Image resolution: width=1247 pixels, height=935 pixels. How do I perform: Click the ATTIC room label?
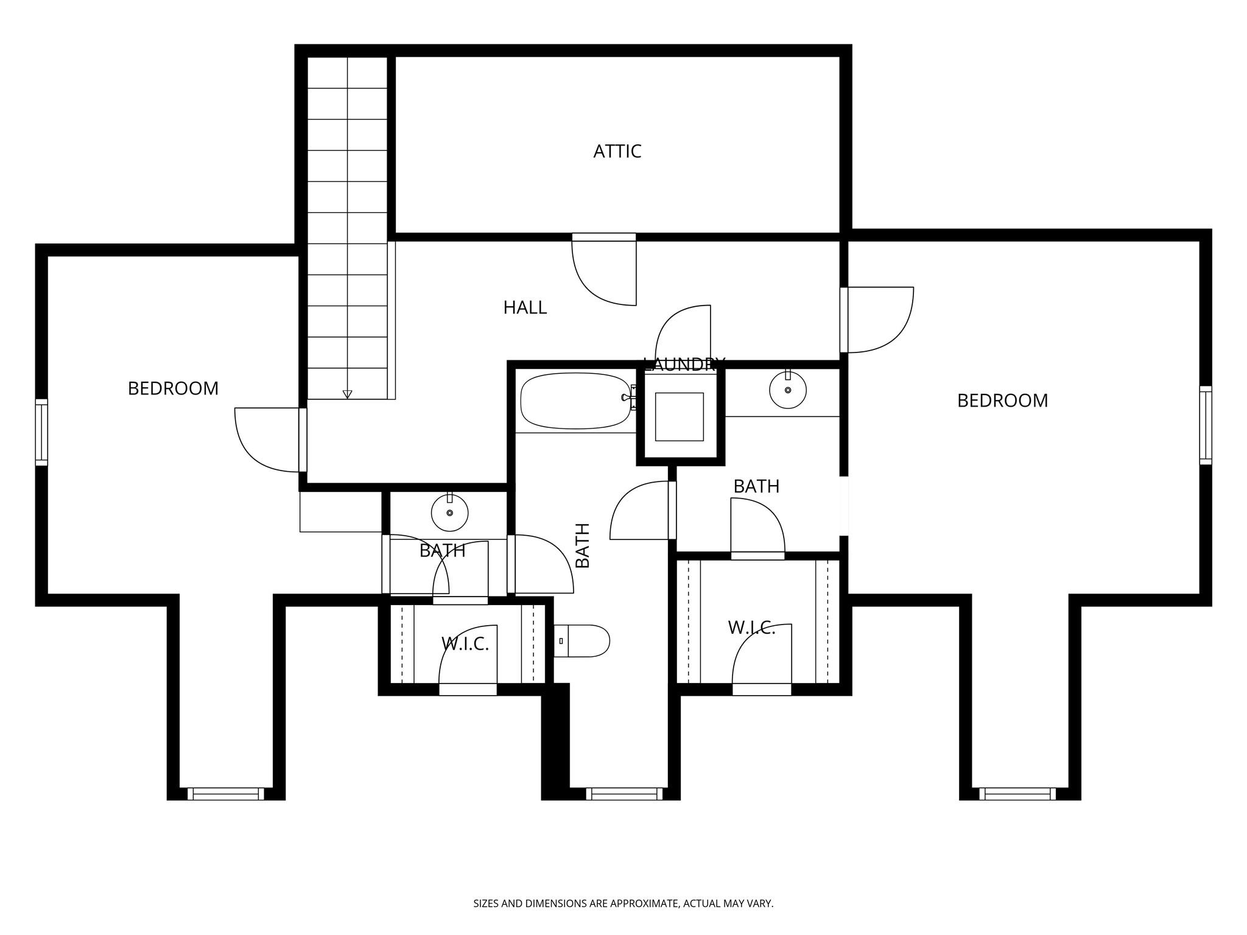617,151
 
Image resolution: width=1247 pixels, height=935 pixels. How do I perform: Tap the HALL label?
525,307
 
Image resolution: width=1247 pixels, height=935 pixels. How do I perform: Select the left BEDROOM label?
173,388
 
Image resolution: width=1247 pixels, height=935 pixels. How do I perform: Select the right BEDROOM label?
1002,401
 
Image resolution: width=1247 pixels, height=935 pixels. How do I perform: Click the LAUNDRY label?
684,365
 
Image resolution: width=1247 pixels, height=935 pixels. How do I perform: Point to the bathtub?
575,401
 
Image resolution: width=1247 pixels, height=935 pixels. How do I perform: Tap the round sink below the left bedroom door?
449,513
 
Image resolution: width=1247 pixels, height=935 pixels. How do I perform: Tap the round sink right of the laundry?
787,390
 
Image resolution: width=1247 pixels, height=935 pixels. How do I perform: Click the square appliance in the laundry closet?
679,417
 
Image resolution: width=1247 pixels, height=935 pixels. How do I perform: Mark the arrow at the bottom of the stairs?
347,394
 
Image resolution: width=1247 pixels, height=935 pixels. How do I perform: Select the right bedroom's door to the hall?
877,320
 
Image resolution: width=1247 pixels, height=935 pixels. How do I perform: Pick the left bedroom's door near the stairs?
268,439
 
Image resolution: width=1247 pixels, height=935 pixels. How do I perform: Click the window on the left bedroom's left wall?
41,432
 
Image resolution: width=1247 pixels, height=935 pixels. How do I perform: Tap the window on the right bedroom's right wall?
1205,425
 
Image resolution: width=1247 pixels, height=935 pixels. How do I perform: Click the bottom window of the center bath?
624,794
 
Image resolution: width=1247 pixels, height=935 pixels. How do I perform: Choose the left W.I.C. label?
465,643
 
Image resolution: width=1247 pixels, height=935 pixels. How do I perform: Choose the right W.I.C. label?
751,628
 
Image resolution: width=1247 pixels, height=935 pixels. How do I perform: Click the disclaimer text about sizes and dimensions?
623,903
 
